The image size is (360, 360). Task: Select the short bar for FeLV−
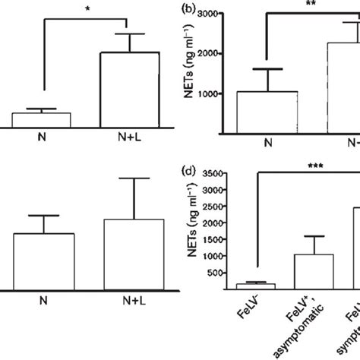266,286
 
